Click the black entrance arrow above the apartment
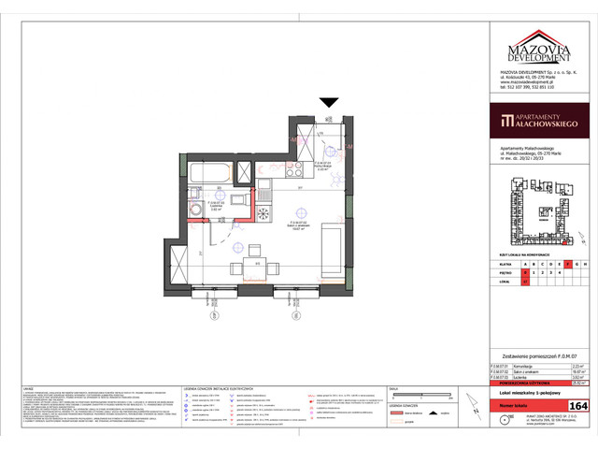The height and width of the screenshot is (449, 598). tap(328, 103)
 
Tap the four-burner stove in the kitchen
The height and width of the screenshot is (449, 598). tap(264, 213)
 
